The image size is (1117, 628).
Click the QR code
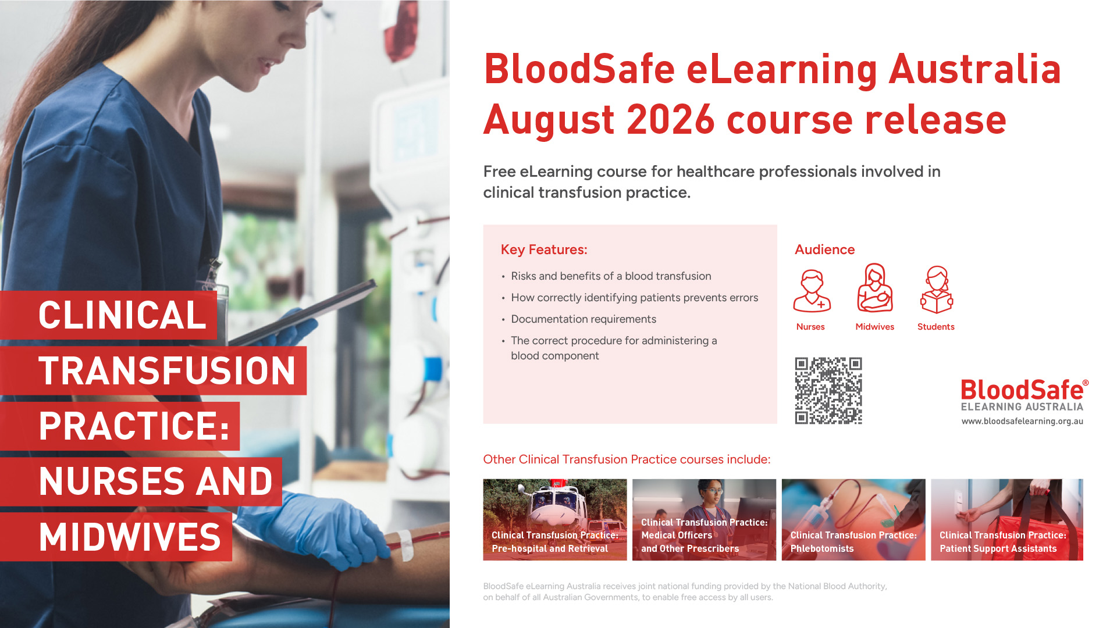(x=828, y=390)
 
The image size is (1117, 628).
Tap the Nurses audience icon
(x=812, y=291)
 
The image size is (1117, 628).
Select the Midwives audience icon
(x=875, y=288)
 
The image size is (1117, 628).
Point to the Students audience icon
(x=937, y=290)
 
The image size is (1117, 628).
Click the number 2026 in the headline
(x=670, y=120)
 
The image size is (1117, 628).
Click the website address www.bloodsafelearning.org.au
(x=1022, y=421)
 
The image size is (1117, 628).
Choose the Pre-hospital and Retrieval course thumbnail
(x=555, y=520)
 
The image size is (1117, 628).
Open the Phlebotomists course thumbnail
(x=853, y=520)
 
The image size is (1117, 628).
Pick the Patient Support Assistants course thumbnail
(x=1007, y=520)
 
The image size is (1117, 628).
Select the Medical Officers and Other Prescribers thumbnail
(x=704, y=520)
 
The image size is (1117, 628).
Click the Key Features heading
(x=544, y=249)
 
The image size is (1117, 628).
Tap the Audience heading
(x=824, y=249)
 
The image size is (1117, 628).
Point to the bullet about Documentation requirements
(x=584, y=319)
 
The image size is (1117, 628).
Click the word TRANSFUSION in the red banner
(x=167, y=371)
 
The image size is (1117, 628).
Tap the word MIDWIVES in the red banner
(x=130, y=537)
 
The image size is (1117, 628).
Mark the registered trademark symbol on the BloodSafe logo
(x=1086, y=383)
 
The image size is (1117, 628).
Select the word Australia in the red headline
(x=975, y=69)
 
